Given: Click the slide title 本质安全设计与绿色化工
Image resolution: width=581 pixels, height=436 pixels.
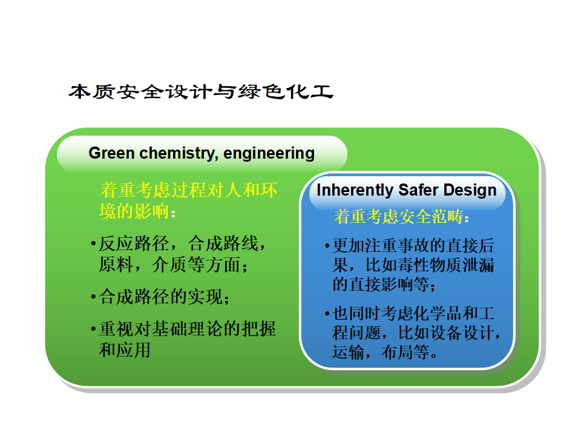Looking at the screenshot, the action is point(201,92).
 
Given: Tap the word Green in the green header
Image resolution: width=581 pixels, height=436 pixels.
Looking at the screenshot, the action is point(111,153).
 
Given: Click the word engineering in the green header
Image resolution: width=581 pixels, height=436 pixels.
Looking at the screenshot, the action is point(269,154).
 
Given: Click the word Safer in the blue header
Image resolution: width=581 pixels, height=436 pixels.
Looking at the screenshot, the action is point(418,190).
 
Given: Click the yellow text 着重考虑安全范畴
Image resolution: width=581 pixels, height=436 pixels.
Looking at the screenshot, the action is point(399,217).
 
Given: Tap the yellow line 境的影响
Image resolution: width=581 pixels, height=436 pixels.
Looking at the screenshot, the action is point(134,211).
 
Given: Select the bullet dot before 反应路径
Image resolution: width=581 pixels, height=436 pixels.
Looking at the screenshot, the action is point(93,244).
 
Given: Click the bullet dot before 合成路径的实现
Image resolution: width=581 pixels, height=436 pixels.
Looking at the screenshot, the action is point(93,297).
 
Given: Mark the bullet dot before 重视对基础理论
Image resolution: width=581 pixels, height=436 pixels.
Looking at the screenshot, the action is point(93,329).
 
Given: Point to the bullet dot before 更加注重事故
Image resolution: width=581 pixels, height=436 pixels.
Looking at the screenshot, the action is point(327,246).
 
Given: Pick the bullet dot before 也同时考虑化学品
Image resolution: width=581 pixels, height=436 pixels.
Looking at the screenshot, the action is point(327,314).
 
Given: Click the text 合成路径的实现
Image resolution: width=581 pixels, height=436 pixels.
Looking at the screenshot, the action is point(161,297).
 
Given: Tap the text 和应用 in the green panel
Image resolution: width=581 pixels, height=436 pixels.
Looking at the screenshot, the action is point(125,350).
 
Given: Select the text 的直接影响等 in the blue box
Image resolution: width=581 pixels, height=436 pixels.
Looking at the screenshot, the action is point(381,285).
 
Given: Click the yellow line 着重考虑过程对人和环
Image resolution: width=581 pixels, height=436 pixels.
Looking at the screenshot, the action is point(188,190).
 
